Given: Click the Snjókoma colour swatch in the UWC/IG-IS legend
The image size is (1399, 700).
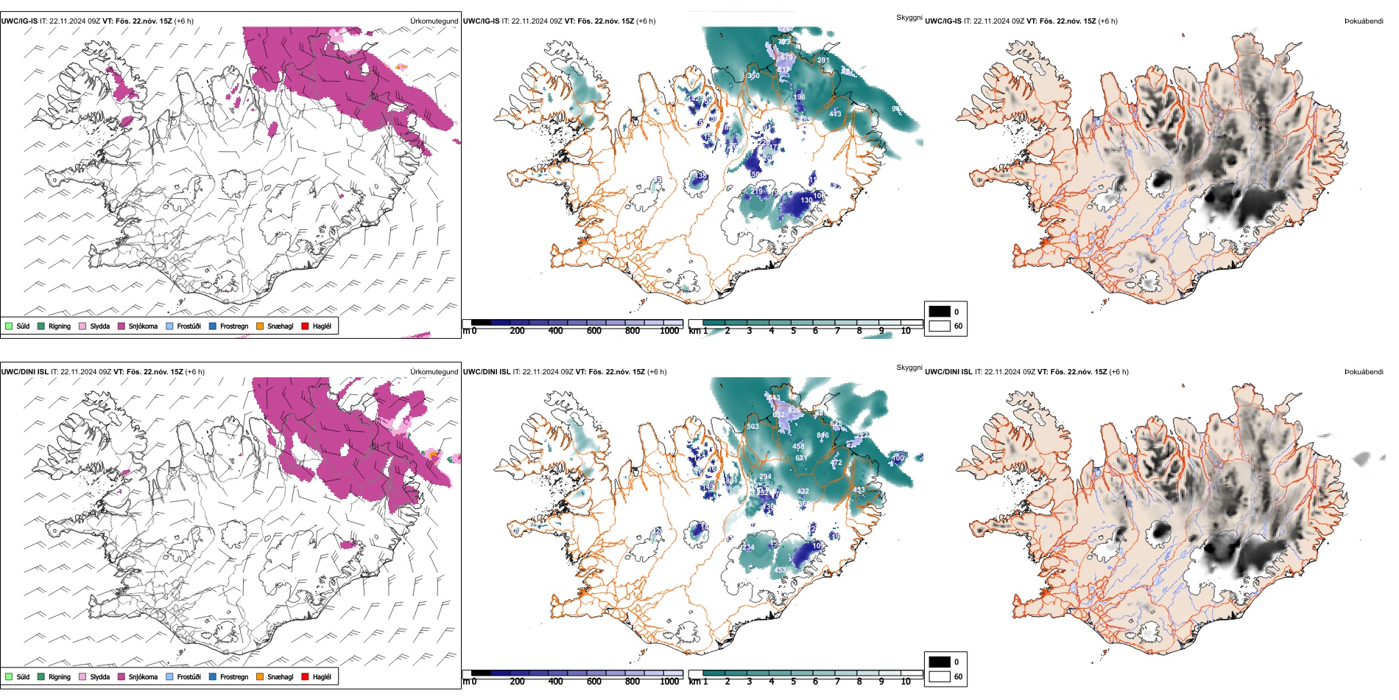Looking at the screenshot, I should coord(121,326).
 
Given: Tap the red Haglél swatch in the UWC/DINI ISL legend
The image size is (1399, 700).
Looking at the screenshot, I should coord(305,676).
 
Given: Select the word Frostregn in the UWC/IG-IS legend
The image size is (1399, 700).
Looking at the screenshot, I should coord(234,326).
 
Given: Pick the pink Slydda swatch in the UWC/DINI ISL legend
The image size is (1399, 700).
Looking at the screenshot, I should coord(82,676).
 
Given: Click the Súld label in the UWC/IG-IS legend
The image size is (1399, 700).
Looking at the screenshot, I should coord(23,326).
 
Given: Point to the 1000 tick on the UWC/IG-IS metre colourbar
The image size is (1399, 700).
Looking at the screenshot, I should coord(669,331).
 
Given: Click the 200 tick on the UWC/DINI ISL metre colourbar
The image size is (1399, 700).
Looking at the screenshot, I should coord(518,682).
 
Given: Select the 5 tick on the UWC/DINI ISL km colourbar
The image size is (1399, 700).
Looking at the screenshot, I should coord(794,682).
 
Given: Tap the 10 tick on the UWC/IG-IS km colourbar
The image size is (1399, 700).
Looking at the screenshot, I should coord(906,331).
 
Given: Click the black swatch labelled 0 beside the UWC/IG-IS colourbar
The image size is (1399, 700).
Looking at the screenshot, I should coord(940,312).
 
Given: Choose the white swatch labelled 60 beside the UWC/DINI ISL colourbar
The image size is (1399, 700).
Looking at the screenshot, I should coord(940,676).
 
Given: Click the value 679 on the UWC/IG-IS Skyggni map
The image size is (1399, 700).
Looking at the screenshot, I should coord(787,57).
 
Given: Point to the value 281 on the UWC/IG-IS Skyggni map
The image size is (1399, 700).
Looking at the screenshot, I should coord(823,60).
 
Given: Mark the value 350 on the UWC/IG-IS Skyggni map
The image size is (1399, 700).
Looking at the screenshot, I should coord(753,76).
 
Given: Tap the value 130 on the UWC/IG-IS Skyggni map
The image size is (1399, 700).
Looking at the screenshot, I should coord(807,200).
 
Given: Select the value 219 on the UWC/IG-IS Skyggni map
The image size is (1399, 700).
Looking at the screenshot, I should coord(757,192).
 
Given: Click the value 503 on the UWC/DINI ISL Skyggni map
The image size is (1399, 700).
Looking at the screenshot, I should coord(753,427).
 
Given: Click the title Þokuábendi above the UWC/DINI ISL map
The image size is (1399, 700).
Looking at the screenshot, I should coord(1364,372).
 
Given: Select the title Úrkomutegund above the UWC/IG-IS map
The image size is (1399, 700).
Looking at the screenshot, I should coord(434,21).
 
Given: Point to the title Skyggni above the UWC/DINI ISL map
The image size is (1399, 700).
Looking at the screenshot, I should coord(909,368).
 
